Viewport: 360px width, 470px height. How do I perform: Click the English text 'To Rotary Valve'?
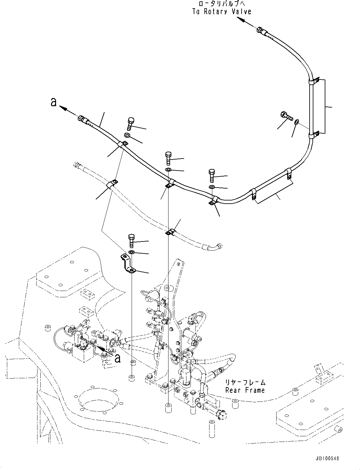click(222, 12)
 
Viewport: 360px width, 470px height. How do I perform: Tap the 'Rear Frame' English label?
click(245, 390)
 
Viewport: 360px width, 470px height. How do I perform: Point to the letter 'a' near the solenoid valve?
click(117, 358)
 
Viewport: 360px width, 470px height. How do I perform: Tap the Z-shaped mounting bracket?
click(129, 264)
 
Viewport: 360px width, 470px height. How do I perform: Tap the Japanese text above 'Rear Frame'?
click(245, 383)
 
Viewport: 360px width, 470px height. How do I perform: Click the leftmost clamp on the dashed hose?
click(112, 183)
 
